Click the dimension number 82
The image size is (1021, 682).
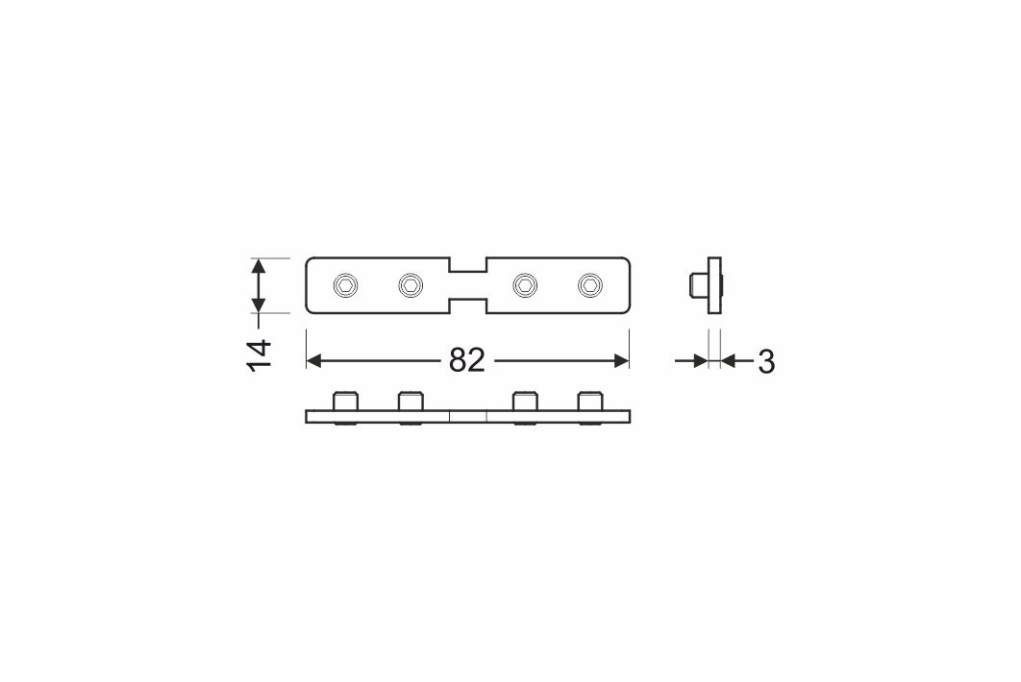click(x=467, y=360)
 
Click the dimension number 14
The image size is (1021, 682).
click(x=260, y=355)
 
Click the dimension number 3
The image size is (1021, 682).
click(x=766, y=362)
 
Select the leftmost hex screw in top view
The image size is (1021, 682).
click(x=345, y=285)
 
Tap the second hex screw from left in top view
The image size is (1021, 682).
click(x=411, y=285)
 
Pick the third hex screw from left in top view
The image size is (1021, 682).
click(x=525, y=285)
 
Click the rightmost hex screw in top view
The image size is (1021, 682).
click(x=590, y=285)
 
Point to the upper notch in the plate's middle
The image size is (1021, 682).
click(x=467, y=264)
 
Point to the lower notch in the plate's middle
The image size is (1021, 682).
click(x=467, y=305)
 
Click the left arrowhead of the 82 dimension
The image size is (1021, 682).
click(x=313, y=360)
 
